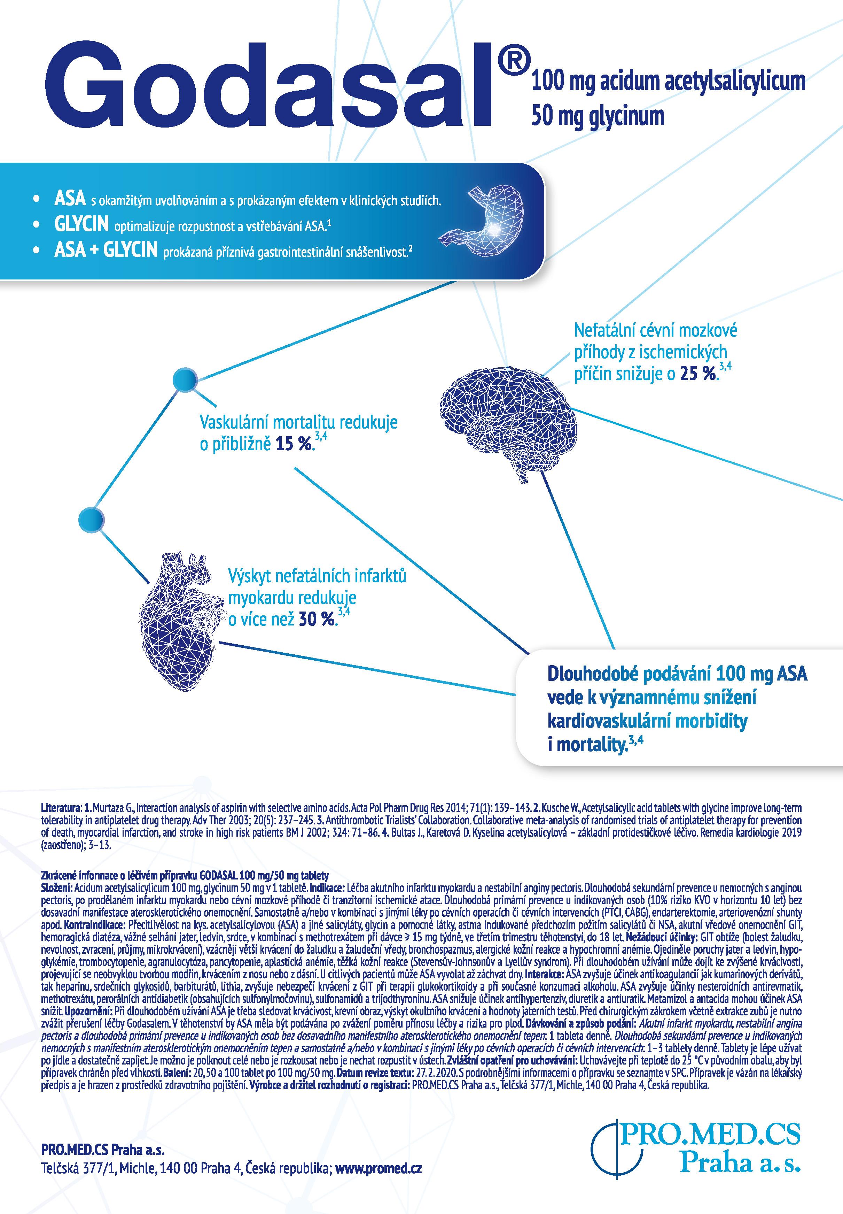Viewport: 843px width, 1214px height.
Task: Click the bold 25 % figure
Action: click(698, 374)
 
